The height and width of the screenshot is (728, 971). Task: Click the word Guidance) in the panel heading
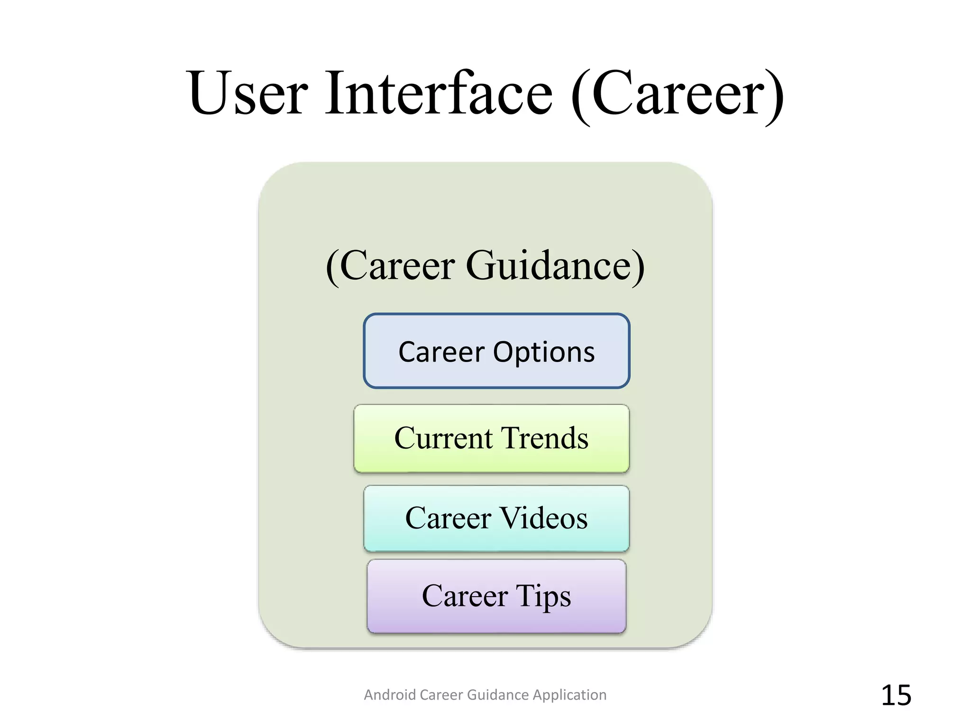(x=555, y=266)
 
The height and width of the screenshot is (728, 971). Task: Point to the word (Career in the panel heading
(x=391, y=266)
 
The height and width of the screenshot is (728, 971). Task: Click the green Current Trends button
(x=491, y=438)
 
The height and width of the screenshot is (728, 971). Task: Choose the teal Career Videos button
(x=496, y=519)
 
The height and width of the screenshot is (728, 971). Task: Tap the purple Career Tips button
(x=496, y=596)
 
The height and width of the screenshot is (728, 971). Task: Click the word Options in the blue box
(x=544, y=353)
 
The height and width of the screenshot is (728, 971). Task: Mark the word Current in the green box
(x=443, y=438)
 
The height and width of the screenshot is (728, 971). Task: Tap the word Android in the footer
(x=390, y=695)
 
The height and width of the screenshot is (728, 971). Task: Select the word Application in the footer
(x=569, y=695)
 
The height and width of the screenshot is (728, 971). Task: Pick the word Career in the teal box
(x=449, y=518)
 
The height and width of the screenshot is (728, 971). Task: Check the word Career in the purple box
(x=465, y=596)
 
